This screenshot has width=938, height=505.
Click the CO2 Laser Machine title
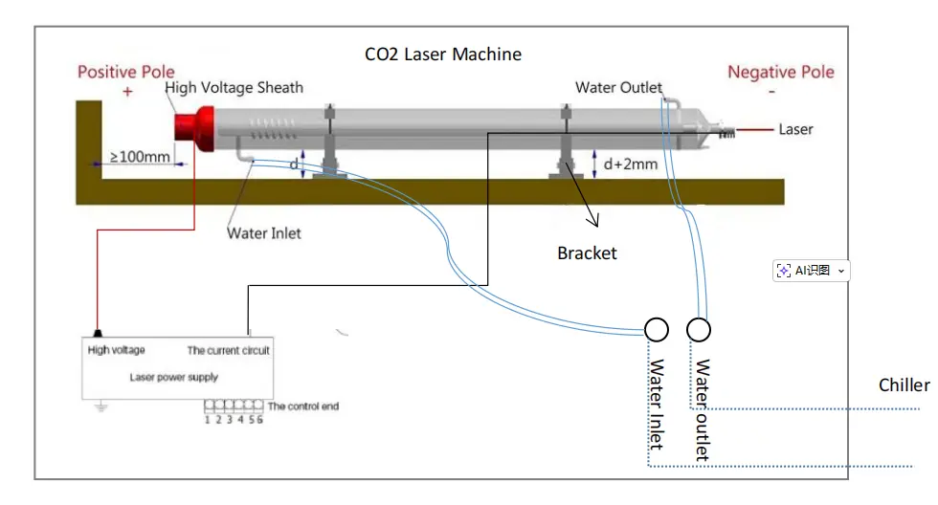pyautogui.click(x=443, y=55)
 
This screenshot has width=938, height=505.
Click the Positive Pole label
pyautogui.click(x=126, y=72)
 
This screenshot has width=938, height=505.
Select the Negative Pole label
pyautogui.click(x=780, y=72)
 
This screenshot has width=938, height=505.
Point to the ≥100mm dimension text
pyautogui.click(x=140, y=155)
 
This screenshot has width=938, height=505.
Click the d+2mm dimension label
pyautogui.click(x=630, y=164)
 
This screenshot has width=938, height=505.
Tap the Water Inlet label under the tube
pyautogui.click(x=263, y=232)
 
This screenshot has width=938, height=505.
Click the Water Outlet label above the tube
pyautogui.click(x=618, y=88)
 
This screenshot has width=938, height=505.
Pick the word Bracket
pyautogui.click(x=587, y=253)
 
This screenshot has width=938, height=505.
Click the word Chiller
pyautogui.click(x=904, y=384)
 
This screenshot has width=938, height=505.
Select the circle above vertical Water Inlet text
pyautogui.click(x=657, y=330)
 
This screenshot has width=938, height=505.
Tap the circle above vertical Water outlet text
pyautogui.click(x=699, y=330)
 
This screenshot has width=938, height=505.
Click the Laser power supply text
pyautogui.click(x=174, y=377)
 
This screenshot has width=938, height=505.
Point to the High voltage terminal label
pyautogui.click(x=117, y=350)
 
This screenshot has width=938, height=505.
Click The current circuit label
pyautogui.click(x=228, y=350)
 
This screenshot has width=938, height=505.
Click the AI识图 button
pyautogui.click(x=811, y=271)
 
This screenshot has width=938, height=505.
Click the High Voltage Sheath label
pyautogui.click(x=234, y=88)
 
